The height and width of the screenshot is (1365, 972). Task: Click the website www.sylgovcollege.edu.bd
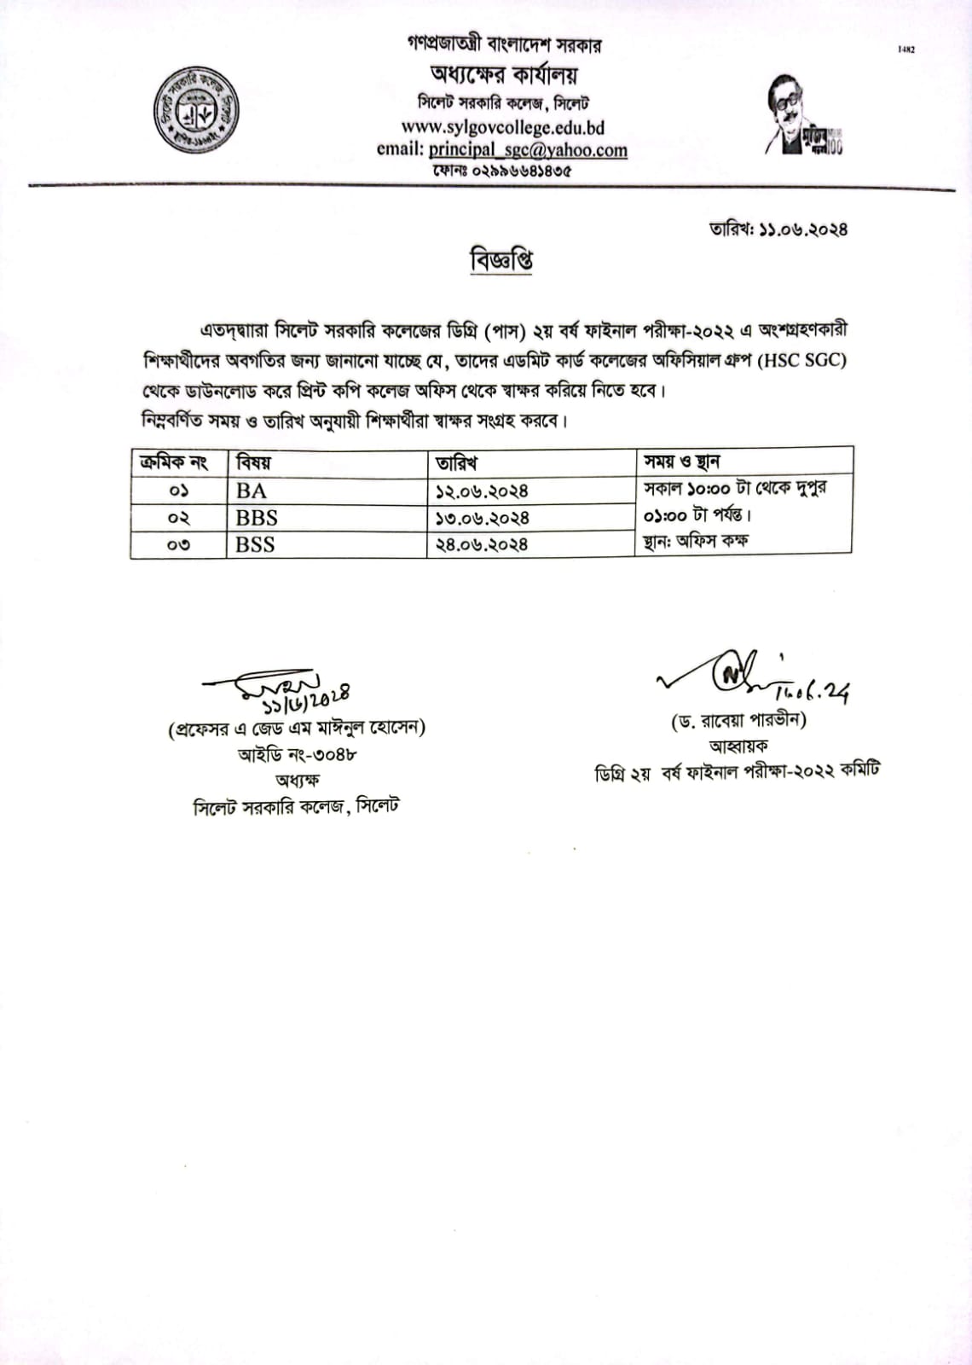[502, 127]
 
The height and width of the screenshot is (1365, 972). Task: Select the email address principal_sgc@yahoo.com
[528, 149]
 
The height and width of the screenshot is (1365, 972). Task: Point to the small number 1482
[906, 49]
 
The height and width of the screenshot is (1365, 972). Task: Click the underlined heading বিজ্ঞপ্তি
[501, 260]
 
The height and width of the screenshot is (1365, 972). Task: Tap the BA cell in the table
[252, 491]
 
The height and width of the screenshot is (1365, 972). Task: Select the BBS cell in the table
[257, 518]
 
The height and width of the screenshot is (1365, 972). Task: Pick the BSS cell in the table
[255, 544]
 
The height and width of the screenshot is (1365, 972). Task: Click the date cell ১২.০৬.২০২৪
[482, 491]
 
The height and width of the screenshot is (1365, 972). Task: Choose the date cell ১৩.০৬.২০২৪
[482, 518]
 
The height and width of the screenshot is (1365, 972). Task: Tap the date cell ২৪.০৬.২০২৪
[482, 544]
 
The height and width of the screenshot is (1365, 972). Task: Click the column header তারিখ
[456, 462]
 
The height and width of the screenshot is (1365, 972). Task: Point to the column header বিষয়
[254, 462]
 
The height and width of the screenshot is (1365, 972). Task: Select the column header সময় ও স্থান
[682, 462]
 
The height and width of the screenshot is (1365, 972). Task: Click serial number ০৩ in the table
[179, 544]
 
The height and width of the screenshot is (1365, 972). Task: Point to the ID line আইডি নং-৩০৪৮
[297, 754]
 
